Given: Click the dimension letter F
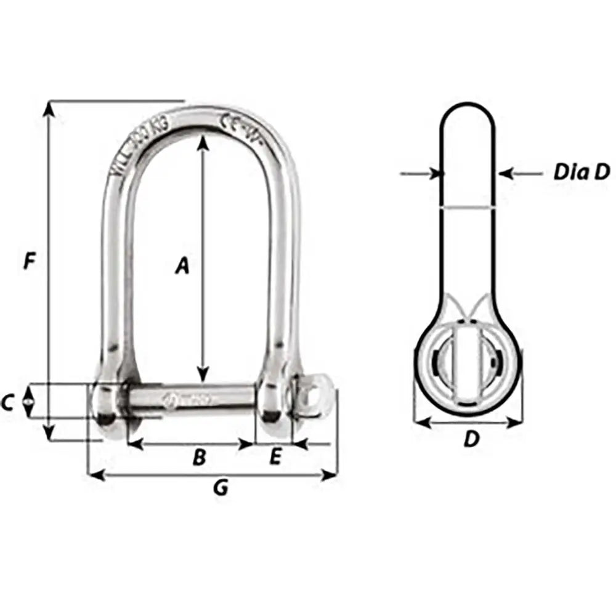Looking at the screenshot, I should [x=28, y=261].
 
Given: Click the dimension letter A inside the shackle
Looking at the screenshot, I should [x=181, y=265].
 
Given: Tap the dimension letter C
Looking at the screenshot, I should [x=7, y=403].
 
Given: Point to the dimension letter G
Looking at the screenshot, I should [x=220, y=488].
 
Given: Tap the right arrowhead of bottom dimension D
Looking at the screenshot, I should [x=516, y=423].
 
